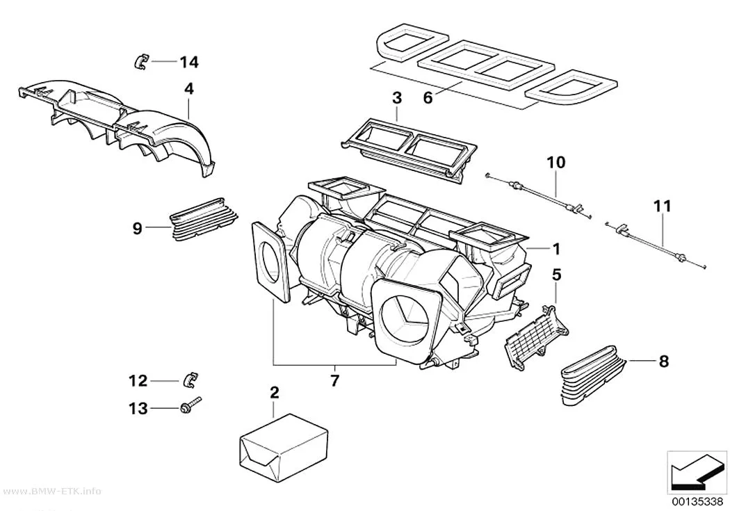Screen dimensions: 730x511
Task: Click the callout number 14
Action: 189,62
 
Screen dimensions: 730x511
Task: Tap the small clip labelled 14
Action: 140,61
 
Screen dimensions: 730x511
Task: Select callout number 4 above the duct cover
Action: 188,88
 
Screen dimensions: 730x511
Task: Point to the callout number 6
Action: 428,98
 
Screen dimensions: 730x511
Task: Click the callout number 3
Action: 397,98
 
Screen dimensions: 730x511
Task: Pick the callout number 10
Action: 556,162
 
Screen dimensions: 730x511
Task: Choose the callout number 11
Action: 662,206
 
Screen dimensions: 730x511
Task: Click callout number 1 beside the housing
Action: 556,250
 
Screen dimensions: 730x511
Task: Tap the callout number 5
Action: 556,275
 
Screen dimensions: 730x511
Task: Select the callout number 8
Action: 664,361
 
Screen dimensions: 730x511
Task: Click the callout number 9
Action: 137,229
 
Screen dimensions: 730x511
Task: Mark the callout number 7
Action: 334,380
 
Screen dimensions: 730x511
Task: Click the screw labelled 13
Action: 191,405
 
